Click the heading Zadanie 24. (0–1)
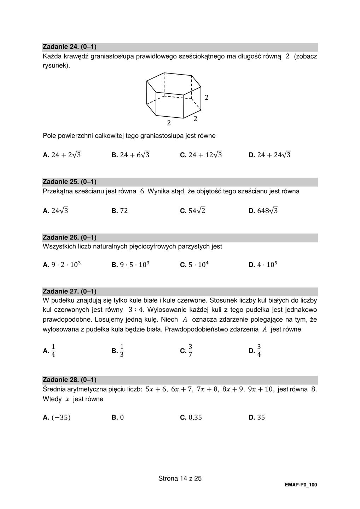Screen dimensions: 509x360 (x=70, y=47)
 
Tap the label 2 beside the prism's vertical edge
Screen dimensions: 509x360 (x=207, y=98)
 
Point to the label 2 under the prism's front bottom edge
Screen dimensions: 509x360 (x=169, y=123)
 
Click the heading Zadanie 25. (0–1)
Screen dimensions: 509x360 (x=70, y=182)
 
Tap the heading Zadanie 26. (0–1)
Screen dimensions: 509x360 (x=70, y=237)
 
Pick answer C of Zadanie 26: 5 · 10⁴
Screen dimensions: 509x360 (x=194, y=264)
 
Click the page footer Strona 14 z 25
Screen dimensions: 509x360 (x=180, y=479)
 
